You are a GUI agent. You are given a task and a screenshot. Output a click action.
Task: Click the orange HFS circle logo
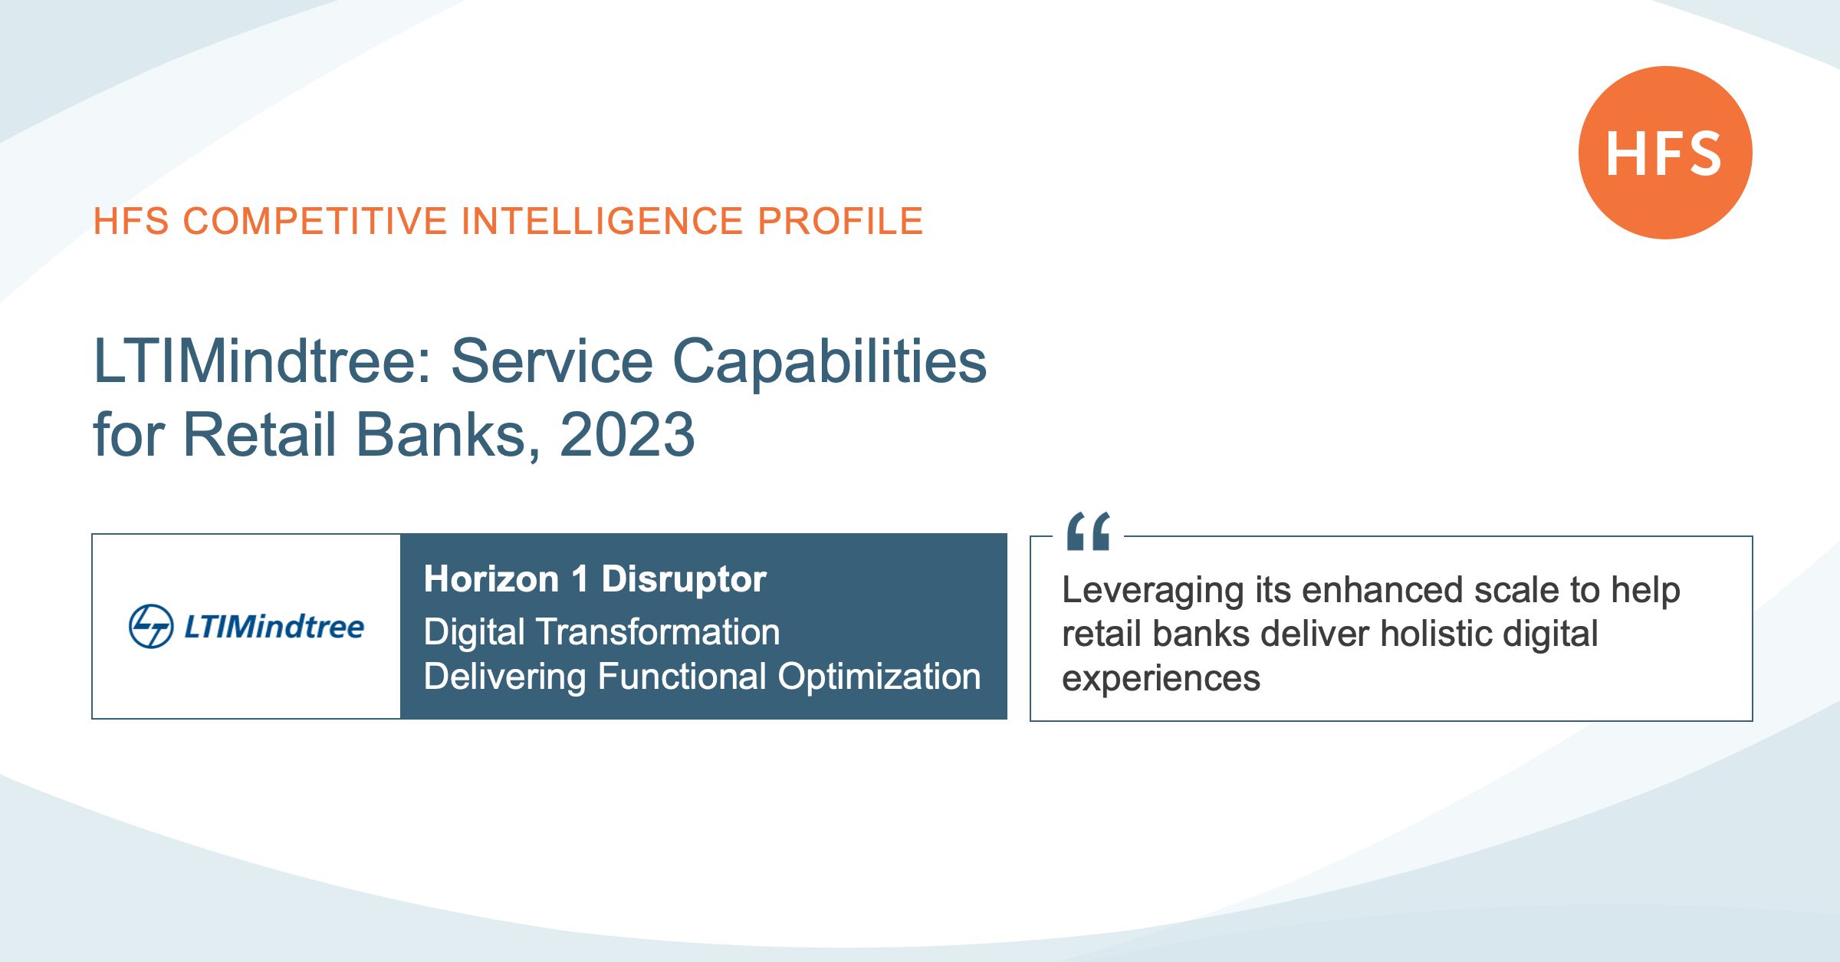tap(1665, 153)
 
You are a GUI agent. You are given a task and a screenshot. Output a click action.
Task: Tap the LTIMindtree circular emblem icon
tap(151, 626)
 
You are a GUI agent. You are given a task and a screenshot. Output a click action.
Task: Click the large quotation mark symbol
tap(1089, 531)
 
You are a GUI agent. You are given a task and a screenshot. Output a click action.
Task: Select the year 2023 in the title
tap(627, 434)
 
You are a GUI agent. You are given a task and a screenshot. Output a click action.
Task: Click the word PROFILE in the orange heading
tap(840, 221)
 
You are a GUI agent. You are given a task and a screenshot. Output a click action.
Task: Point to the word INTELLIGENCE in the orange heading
tap(602, 221)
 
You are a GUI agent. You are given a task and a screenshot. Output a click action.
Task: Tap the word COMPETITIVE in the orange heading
tap(315, 221)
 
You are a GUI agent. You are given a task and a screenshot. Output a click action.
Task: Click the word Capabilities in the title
tap(830, 363)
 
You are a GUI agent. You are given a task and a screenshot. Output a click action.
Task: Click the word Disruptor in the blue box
tap(684, 578)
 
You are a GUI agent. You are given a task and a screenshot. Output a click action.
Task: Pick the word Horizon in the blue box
tap(491, 578)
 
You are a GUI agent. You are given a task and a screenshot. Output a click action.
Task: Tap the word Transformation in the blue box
tap(658, 631)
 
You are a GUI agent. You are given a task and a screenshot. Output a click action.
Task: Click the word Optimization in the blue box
tap(879, 677)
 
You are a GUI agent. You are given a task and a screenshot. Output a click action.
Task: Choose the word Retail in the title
tap(259, 434)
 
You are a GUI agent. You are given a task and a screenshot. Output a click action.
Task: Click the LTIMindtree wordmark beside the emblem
tap(274, 627)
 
